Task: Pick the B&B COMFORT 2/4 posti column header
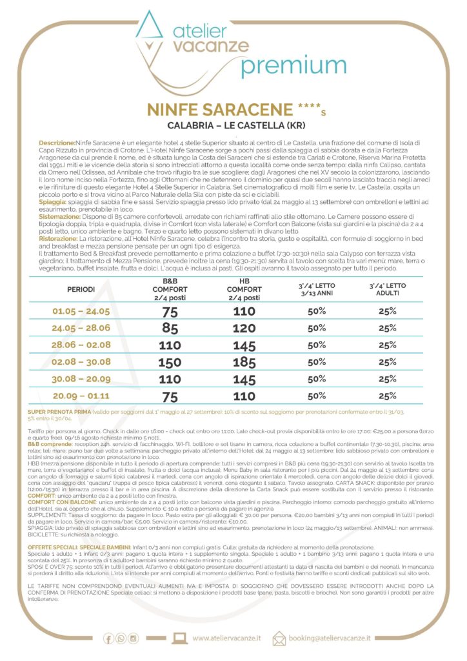pyautogui.click(x=170, y=289)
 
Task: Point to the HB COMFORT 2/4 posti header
pyautogui.click(x=244, y=289)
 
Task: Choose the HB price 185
pyautogui.click(x=244, y=361)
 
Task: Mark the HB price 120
pyautogui.click(x=244, y=328)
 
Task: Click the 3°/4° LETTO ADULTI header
pyautogui.click(x=387, y=289)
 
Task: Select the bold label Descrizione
pyautogui.click(x=57, y=141)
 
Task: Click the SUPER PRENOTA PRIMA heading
pyautogui.click(x=65, y=411)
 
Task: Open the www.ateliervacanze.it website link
pyautogui.click(x=228, y=638)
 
